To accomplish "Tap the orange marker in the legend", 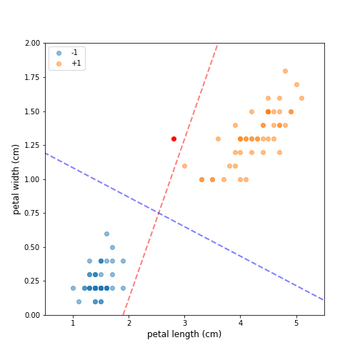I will tap(59, 64).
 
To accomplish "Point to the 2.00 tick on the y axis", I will tap(30, 44).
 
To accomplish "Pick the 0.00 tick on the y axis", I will tap(30, 315).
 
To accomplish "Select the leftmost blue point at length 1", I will tap(73, 288).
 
